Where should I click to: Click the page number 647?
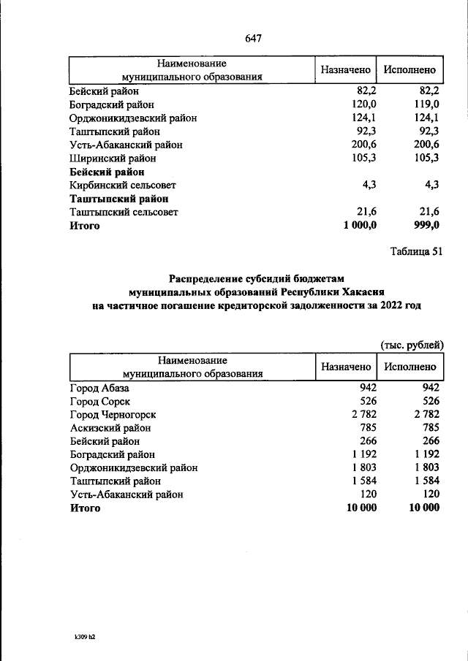[x=253, y=38]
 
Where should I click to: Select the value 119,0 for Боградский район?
[x=426, y=105]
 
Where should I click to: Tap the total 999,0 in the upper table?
[x=426, y=226]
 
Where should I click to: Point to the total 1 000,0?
[x=360, y=226]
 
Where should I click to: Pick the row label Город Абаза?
[x=99, y=389]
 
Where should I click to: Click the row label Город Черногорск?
[x=113, y=415]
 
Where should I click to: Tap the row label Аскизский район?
[x=110, y=428]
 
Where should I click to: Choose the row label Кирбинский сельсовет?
[x=123, y=186]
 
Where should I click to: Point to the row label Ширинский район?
[x=113, y=158]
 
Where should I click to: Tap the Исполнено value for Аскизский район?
[x=429, y=428]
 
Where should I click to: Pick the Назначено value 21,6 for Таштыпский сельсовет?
[x=364, y=212]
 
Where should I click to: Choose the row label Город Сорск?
[x=99, y=402]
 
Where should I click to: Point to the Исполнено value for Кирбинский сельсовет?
[x=431, y=186]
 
